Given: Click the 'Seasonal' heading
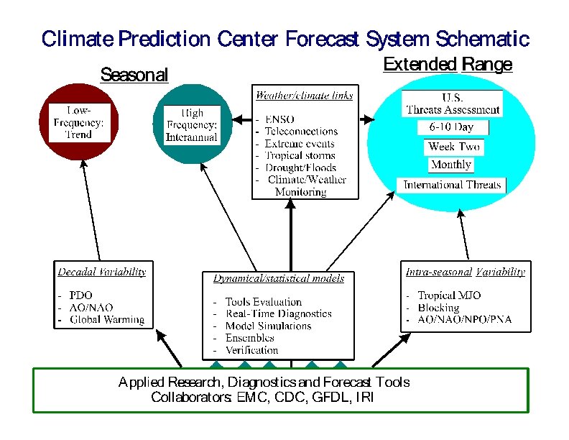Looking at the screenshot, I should point(134,75).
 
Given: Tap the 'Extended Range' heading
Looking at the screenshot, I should point(448,65).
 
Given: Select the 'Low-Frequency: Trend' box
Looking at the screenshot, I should point(79,122).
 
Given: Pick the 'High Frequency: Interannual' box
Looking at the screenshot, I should point(191,124).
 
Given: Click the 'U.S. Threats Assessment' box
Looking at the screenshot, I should point(453,104).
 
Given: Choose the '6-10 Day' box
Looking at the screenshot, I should point(453,128).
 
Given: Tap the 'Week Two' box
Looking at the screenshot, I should point(453,147).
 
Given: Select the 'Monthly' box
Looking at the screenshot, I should point(450,165).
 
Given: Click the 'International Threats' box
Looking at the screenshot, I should point(452,185).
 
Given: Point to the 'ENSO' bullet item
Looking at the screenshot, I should point(279,119).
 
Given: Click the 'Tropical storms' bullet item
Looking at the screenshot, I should point(300,155).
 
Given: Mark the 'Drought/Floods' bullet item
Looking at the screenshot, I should point(300,168).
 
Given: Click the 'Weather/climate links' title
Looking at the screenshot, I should point(305,95).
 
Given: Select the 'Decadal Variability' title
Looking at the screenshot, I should point(102,272).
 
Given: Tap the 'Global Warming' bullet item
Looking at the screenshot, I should point(107,320).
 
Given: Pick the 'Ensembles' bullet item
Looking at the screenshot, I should point(249,338).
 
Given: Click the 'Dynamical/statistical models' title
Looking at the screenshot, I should point(279,278).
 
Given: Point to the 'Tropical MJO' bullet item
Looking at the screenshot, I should point(449,295).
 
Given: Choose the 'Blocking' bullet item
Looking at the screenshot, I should point(438,308).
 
